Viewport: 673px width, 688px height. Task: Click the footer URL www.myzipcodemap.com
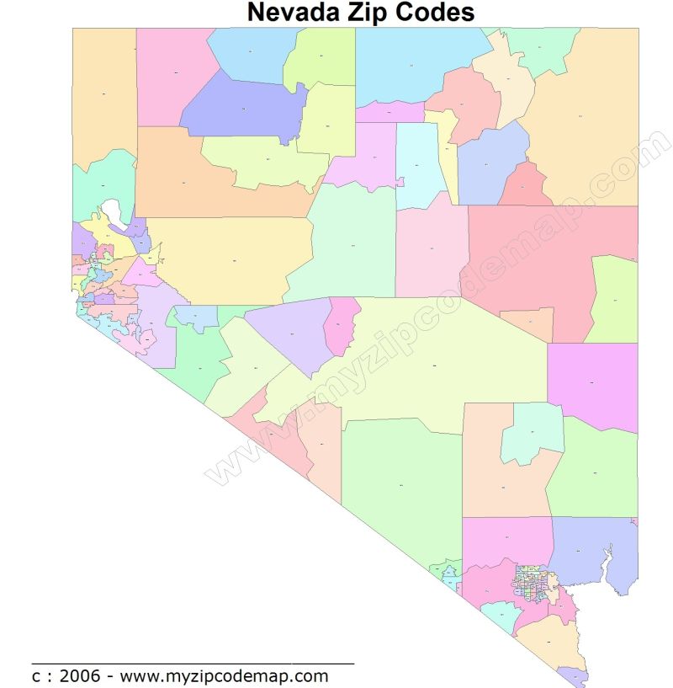pyautogui.click(x=224, y=675)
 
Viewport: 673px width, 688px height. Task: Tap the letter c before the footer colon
pyautogui.click(x=36, y=676)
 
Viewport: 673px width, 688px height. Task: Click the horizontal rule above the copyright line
pyautogui.click(x=193, y=663)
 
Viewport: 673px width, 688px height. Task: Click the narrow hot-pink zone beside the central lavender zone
pyautogui.click(x=342, y=327)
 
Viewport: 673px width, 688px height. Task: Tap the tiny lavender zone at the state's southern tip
pyautogui.click(x=574, y=675)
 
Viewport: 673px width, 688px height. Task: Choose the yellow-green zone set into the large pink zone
pyautogui.click(x=614, y=299)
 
